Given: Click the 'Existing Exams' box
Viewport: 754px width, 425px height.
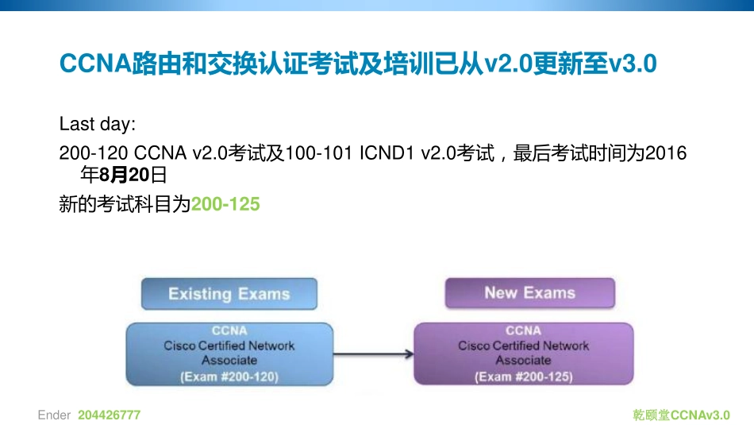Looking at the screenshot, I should (229, 294).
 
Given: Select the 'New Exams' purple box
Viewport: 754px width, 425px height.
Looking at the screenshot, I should (529, 293).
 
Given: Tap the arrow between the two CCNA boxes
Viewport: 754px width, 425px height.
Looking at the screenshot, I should (373, 355).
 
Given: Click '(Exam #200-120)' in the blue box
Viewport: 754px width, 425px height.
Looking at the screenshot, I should (229, 377).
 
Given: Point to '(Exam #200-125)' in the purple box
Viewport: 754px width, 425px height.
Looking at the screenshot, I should (524, 377).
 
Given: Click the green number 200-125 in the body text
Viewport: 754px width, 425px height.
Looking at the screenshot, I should (226, 204).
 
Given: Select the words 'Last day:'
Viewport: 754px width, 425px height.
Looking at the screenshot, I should (98, 125).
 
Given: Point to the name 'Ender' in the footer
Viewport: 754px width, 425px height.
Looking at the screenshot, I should (54, 415).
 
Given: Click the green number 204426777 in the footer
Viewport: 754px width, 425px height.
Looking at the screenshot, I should (110, 415).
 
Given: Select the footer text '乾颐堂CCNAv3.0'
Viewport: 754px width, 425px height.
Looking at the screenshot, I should (681, 415).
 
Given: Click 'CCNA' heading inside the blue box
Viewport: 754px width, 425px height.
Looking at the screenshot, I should (229, 330).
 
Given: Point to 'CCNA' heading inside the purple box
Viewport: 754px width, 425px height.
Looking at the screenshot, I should (524, 330).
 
